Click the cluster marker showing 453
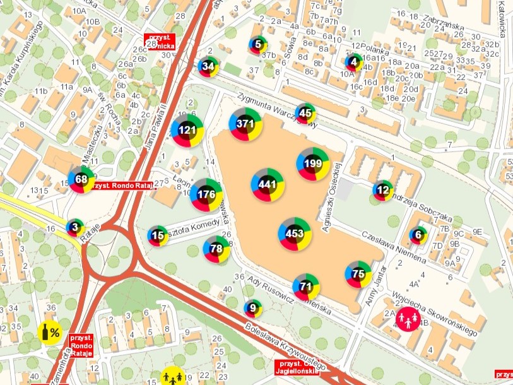pyautogui.click(x=295, y=234)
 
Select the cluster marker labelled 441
pyautogui.click(x=268, y=184)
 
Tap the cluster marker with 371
pyautogui.click(x=245, y=124)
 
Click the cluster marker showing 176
pyautogui.click(x=206, y=194)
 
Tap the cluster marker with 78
pyautogui.click(x=216, y=249)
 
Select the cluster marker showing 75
pyautogui.click(x=358, y=274)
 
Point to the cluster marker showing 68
pyautogui.click(x=81, y=179)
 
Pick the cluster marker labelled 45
pyautogui.click(x=305, y=114)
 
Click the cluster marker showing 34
pyautogui.click(x=208, y=66)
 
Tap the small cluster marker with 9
pyautogui.click(x=253, y=309)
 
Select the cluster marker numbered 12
pyautogui.click(x=382, y=190)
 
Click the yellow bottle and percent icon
pyautogui.click(x=50, y=331)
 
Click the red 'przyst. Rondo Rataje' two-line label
pyautogui.click(x=81, y=346)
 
